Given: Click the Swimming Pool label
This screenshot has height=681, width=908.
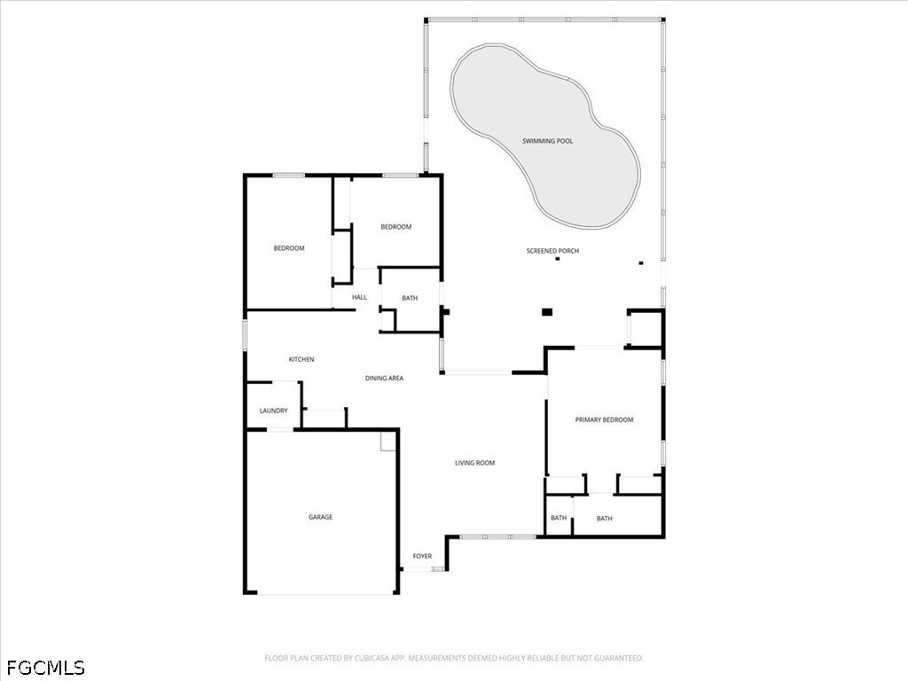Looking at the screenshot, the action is click(547, 141).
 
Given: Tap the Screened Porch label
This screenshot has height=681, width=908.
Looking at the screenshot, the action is click(552, 251).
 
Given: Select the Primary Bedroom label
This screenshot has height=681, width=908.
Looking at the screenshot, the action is click(604, 419).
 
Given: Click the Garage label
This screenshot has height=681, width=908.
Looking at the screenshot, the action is click(320, 517).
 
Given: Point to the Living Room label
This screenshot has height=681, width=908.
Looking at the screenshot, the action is click(475, 463).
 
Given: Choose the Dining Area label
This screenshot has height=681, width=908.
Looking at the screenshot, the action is click(384, 378).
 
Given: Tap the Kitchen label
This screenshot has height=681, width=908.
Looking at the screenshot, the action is click(301, 360).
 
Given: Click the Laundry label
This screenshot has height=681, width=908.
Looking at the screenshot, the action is click(273, 411).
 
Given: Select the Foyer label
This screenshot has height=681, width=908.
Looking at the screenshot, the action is click(422, 556).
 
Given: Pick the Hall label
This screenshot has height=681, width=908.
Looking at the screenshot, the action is click(359, 297).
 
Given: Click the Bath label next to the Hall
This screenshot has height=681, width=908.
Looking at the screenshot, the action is click(410, 298).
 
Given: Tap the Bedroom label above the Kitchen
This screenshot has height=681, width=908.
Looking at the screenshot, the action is click(289, 248).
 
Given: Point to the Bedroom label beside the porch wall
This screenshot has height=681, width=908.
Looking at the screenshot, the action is click(396, 227).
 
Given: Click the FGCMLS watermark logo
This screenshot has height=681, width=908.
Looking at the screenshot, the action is click(46, 668).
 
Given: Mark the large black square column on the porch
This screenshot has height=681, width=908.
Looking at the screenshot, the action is click(547, 312).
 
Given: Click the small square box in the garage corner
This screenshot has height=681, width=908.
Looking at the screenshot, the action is click(387, 442).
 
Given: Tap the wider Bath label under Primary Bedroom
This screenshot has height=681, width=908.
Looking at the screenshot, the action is click(604, 518).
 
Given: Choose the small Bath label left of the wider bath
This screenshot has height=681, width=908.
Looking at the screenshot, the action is click(559, 518).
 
